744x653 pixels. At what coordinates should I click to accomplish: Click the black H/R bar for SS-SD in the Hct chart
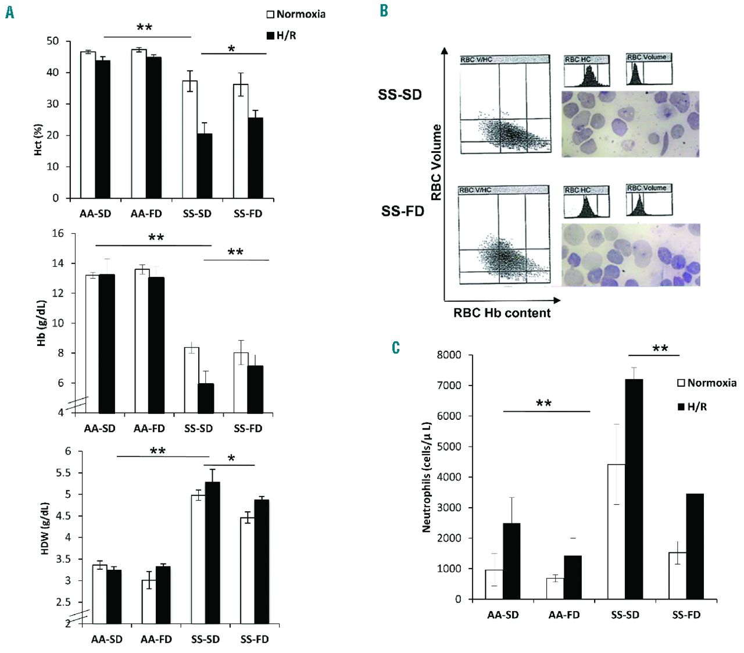[x=205, y=166]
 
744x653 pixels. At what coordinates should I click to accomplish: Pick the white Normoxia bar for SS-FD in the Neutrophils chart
[x=677, y=576]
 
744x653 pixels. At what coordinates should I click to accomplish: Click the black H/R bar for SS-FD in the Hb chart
[x=255, y=389]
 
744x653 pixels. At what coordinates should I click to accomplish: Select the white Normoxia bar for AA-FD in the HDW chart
[x=149, y=602]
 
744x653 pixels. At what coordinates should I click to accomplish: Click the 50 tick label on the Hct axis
[x=53, y=41]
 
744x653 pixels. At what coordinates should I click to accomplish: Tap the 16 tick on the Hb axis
[x=58, y=234]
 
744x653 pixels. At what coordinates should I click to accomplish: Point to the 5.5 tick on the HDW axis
[x=63, y=473]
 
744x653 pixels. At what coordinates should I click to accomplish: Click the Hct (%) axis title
[x=38, y=140]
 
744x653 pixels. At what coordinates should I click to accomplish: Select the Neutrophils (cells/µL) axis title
[x=427, y=477]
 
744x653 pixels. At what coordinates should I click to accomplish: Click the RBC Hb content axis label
[x=502, y=313]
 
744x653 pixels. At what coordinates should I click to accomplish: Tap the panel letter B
[x=384, y=10]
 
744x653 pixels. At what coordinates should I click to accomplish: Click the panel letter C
[x=396, y=348]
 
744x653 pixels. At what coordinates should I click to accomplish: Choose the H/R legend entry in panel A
[x=281, y=35]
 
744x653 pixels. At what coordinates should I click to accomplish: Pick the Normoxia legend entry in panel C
[x=706, y=383]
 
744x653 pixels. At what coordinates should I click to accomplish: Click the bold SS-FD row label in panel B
[x=402, y=211]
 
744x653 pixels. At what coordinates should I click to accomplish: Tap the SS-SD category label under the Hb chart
[x=198, y=429]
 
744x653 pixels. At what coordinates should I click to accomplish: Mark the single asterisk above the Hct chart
[x=231, y=49]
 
